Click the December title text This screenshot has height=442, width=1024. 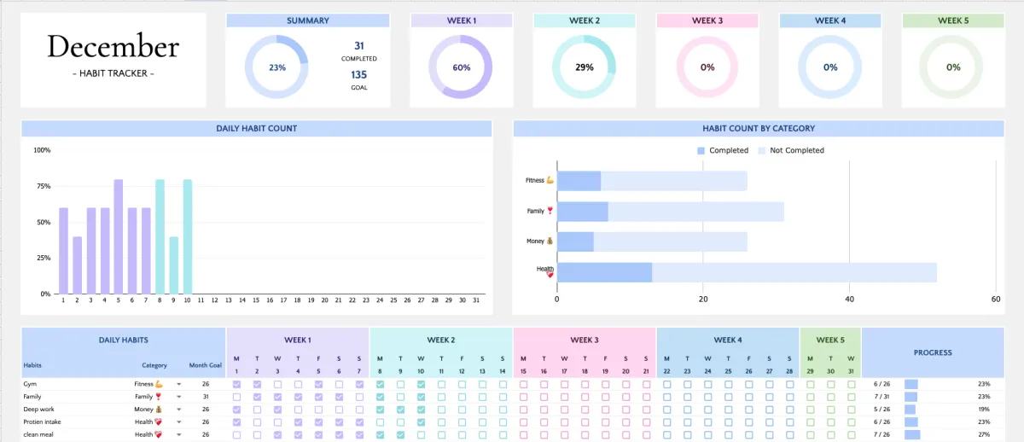pyautogui.click(x=113, y=46)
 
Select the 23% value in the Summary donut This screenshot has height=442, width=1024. pyautogui.click(x=276, y=67)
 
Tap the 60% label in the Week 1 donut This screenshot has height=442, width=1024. pyautogui.click(x=461, y=67)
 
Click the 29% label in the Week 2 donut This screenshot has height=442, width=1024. pyautogui.click(x=585, y=67)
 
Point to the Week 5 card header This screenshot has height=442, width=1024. pyautogui.click(x=953, y=20)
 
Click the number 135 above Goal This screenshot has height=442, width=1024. pyautogui.click(x=359, y=74)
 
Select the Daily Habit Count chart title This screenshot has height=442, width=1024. pyautogui.click(x=256, y=129)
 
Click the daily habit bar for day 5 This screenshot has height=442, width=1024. pyautogui.click(x=118, y=236)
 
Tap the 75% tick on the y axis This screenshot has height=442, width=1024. pyautogui.click(x=43, y=186)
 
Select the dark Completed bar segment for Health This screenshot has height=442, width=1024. pyautogui.click(x=604, y=272)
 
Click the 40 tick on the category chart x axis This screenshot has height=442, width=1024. pyautogui.click(x=849, y=300)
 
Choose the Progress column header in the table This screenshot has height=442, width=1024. pyautogui.click(x=932, y=352)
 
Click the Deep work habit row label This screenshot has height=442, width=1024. pyautogui.click(x=38, y=409)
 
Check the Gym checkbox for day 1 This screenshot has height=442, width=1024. pyautogui.click(x=236, y=385)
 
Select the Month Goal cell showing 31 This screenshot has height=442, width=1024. pyautogui.click(x=206, y=397)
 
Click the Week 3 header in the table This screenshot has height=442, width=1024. pyautogui.click(x=584, y=340)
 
